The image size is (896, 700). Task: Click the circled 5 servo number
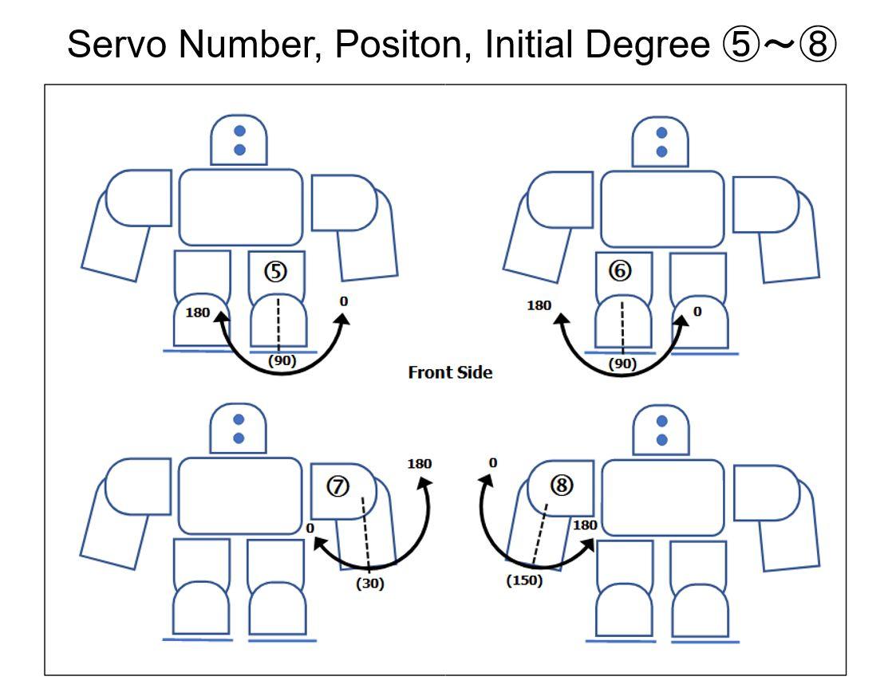click(275, 272)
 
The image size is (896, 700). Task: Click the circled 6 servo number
click(620, 270)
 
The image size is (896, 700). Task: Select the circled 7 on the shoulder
click(337, 486)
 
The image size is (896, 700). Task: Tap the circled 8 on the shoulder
click(561, 485)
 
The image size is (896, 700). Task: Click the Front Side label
click(450, 372)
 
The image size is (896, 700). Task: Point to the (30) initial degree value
click(369, 584)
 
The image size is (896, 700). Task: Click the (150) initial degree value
click(524, 580)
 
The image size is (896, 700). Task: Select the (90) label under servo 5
click(282, 361)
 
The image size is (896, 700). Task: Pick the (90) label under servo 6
click(622, 364)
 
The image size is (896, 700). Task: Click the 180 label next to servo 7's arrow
click(420, 464)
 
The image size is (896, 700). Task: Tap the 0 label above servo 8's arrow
click(493, 462)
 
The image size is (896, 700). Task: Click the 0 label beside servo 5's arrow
click(343, 301)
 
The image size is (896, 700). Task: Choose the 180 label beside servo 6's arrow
click(539, 305)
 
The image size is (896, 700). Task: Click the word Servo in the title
click(116, 44)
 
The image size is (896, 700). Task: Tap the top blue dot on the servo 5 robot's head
click(240, 131)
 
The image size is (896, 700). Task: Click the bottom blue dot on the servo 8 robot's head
click(662, 439)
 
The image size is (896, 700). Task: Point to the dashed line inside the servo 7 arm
click(365, 535)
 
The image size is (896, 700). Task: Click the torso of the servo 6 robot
click(662, 209)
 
